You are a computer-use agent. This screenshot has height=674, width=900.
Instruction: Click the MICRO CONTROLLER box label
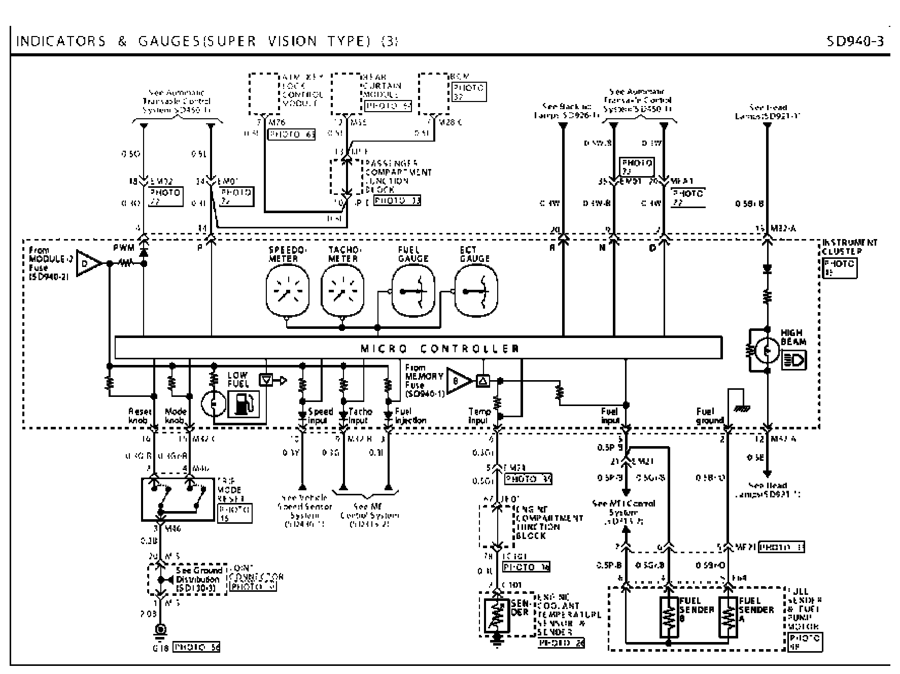click(439, 349)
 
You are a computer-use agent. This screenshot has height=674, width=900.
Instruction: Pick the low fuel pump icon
click(243, 404)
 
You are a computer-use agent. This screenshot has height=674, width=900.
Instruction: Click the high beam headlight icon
click(793, 360)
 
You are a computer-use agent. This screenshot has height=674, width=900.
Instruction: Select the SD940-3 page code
click(855, 41)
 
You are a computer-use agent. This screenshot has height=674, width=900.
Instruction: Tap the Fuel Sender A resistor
click(728, 616)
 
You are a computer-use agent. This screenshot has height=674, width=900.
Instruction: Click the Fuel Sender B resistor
click(669, 616)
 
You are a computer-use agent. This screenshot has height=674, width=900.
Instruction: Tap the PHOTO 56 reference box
click(196, 647)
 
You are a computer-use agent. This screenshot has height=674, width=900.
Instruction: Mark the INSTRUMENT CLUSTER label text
click(848, 247)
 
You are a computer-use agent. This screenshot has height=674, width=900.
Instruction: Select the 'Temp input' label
click(478, 416)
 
